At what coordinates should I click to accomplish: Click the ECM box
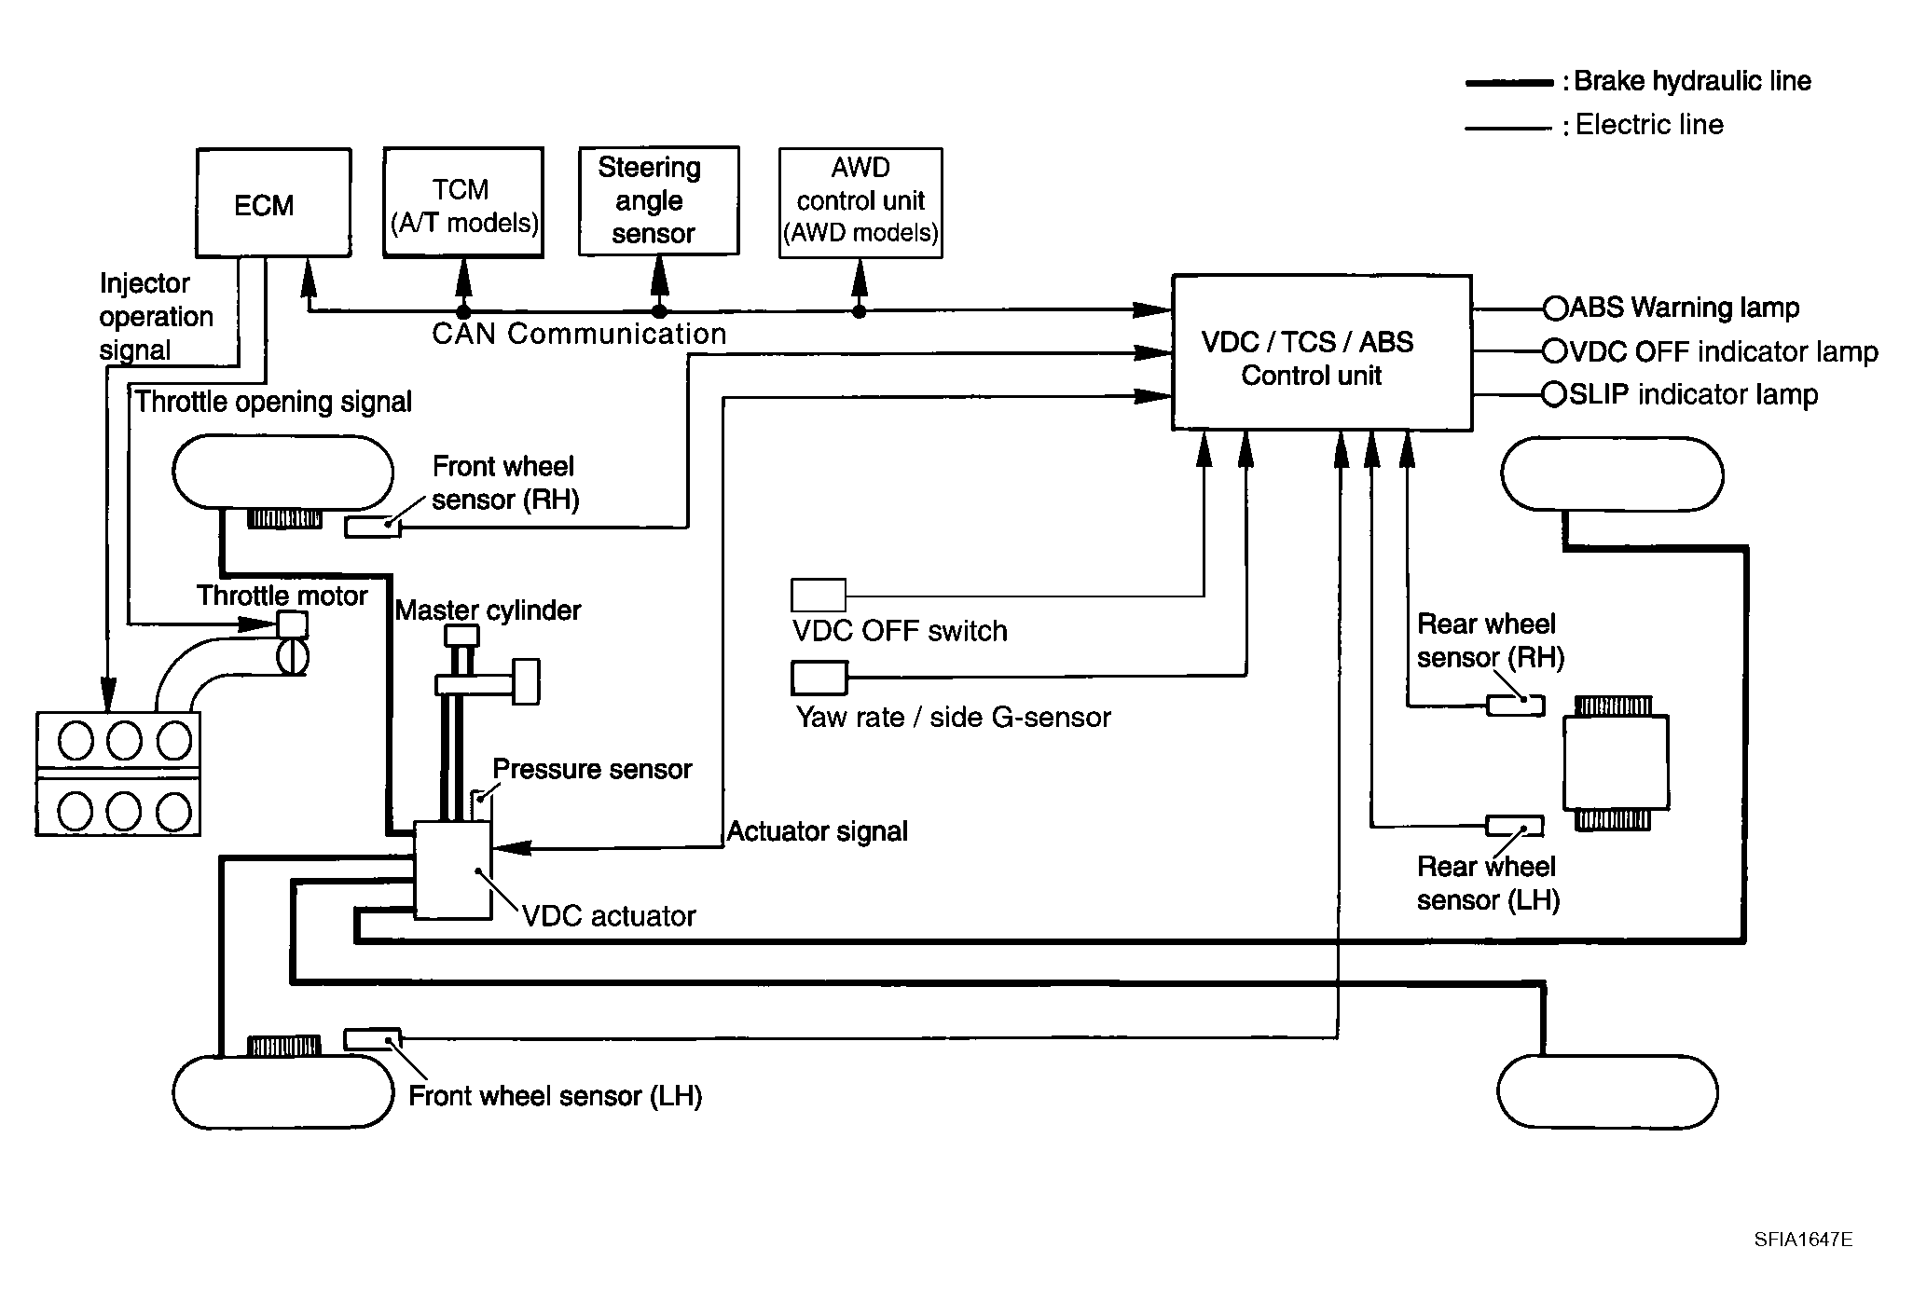(273, 202)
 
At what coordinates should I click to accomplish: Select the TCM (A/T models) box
(463, 201)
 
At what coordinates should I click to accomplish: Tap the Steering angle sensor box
(659, 200)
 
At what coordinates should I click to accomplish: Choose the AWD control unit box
(860, 202)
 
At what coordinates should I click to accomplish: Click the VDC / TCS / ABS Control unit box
(1322, 352)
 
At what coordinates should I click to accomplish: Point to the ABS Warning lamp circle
(1555, 308)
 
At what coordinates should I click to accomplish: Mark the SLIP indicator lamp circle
(1555, 395)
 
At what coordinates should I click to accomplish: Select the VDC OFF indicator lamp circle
(1555, 351)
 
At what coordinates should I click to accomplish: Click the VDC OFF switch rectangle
(819, 595)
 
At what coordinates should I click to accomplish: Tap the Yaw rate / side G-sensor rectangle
(819, 679)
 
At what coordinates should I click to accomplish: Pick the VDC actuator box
(453, 870)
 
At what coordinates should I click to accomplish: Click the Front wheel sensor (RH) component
(373, 527)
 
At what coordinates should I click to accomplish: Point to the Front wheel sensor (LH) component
(373, 1039)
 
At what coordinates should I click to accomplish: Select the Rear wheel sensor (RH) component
(1515, 706)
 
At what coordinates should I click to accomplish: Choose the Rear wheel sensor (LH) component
(1514, 826)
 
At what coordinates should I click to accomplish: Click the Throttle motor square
(294, 624)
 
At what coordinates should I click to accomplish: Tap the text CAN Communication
(579, 334)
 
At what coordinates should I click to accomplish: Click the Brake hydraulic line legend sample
(1509, 83)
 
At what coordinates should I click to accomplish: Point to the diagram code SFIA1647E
(1803, 1240)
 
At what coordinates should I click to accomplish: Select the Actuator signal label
(817, 831)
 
